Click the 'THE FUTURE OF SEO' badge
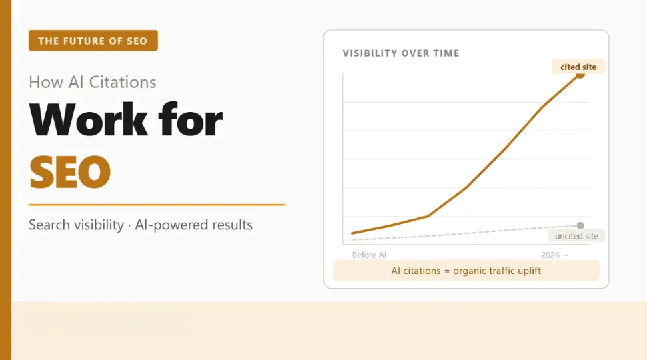(x=93, y=41)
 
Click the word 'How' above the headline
(x=46, y=83)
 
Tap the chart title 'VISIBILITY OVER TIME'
(x=400, y=53)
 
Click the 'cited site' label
(x=578, y=67)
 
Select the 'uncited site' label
(x=576, y=236)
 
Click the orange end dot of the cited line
(x=580, y=75)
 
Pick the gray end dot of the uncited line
(x=580, y=225)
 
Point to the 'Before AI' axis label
(x=369, y=255)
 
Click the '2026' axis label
(x=551, y=255)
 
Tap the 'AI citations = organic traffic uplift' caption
(x=466, y=271)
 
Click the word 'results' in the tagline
(x=228, y=225)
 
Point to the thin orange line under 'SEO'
(x=157, y=205)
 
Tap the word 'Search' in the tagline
(x=49, y=225)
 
